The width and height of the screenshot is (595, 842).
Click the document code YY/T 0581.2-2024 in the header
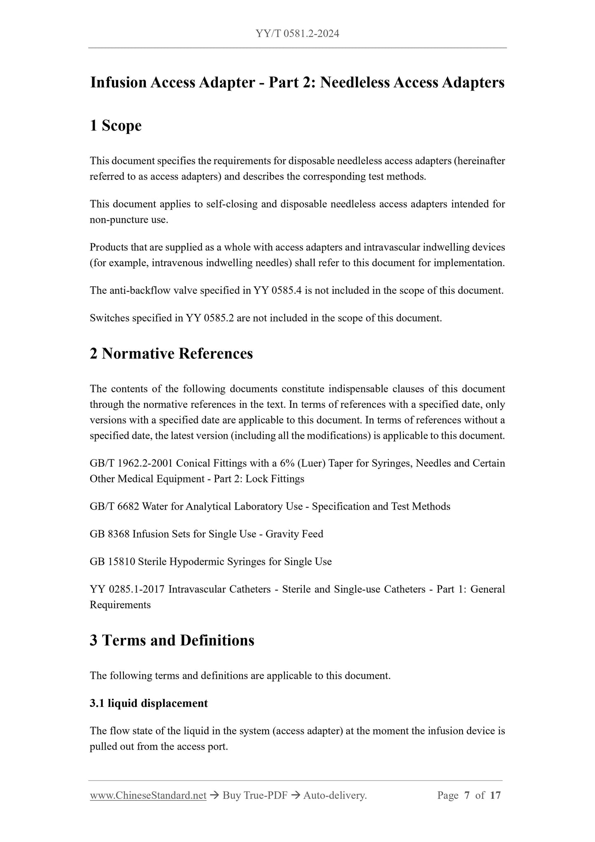coord(297,34)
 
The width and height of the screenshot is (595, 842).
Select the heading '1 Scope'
coord(116,126)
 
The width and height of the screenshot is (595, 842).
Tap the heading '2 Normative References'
coord(171,353)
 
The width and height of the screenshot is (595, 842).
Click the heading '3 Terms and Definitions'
coord(172,640)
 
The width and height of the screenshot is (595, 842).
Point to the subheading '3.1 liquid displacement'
coord(149,703)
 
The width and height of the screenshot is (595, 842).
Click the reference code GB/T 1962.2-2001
coord(131,463)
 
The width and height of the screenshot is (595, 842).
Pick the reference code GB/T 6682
coord(114,506)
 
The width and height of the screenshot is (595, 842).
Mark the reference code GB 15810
coord(112,562)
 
